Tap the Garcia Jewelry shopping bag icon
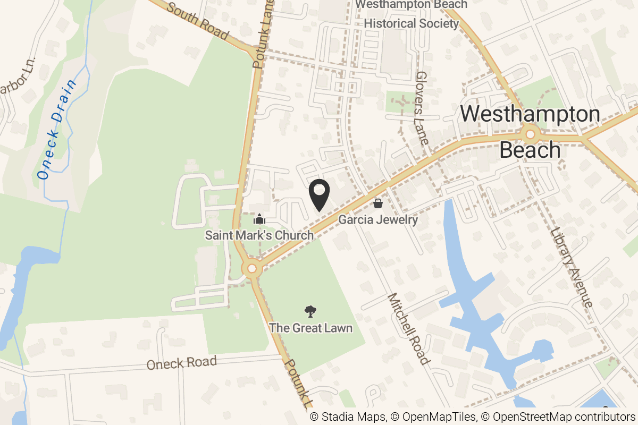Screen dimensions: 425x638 (x=378, y=203)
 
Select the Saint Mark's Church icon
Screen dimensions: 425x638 (x=259, y=218)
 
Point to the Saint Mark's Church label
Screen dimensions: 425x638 (x=259, y=235)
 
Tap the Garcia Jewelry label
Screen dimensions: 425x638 (x=378, y=219)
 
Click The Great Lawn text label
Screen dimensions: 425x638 (x=310, y=328)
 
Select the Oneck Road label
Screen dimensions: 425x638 (x=182, y=363)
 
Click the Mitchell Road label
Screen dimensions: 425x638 (x=408, y=329)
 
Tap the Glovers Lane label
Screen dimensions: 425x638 (x=422, y=109)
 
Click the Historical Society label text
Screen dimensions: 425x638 (x=411, y=23)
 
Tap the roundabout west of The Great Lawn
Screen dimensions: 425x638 (x=252, y=269)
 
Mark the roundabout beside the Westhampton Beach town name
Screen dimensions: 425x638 (x=530, y=134)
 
